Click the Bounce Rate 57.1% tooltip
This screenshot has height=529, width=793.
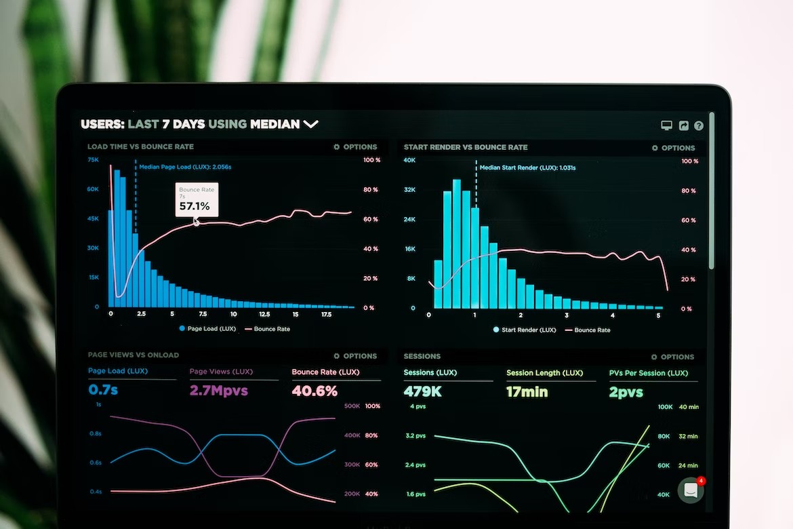(x=197, y=200)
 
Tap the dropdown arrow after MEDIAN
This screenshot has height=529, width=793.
(x=310, y=124)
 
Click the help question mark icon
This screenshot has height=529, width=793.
(x=699, y=125)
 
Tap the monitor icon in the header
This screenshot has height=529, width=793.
(x=666, y=125)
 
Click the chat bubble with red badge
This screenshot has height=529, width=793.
(x=691, y=490)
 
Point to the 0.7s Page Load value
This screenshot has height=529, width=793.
(x=103, y=389)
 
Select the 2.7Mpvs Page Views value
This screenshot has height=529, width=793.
(x=218, y=390)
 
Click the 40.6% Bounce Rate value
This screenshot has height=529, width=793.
(x=314, y=391)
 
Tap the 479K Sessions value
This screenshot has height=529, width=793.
(x=422, y=391)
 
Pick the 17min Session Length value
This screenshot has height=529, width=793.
(x=527, y=391)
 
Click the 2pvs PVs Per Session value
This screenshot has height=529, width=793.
(x=626, y=392)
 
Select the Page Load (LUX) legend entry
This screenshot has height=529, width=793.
(x=207, y=329)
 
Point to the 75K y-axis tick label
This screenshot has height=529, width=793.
(x=93, y=159)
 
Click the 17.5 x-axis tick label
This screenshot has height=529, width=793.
(x=326, y=315)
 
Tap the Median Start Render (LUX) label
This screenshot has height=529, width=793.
(x=527, y=168)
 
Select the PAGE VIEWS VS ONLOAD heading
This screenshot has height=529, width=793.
(x=134, y=355)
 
